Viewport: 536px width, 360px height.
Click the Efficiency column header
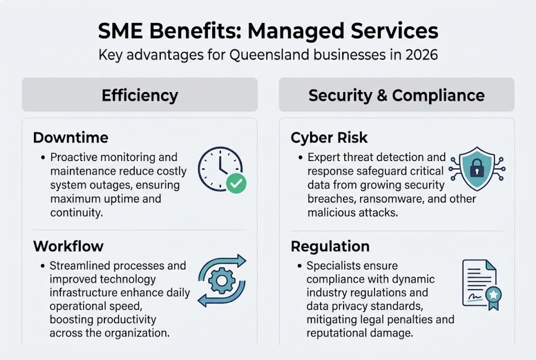coord(140,95)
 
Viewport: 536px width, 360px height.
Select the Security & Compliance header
coord(396,95)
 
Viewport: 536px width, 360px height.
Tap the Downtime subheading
coord(70,137)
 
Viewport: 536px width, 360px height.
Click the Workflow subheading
coord(68,246)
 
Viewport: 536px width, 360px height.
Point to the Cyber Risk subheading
coord(330,137)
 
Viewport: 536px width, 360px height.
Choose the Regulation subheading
coord(330,246)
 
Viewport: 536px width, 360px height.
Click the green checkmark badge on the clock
coord(236,183)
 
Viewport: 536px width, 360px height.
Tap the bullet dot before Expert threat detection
coord(301,157)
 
